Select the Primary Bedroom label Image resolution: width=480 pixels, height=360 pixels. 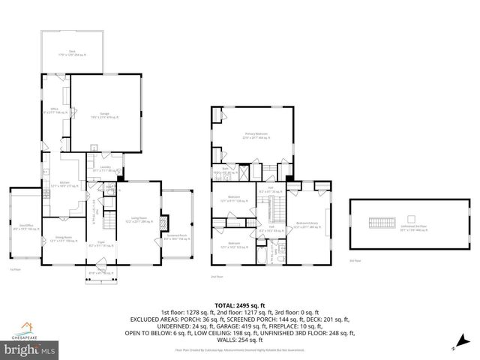pos(256,136)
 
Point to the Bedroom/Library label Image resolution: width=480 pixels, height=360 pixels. pos(308,223)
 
